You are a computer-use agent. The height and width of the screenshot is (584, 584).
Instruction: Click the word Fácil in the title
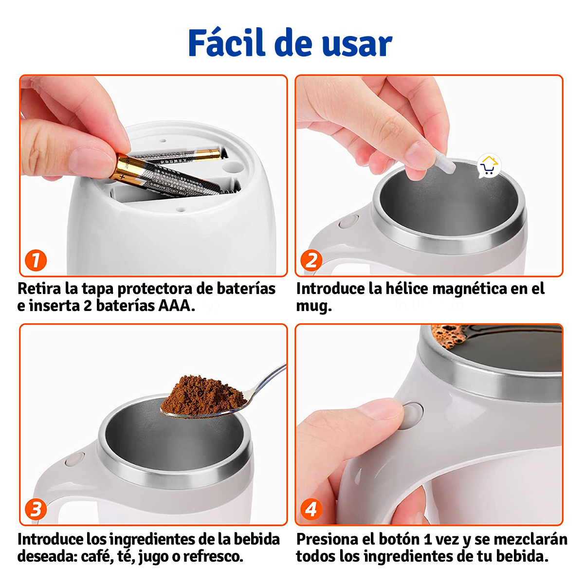(x=228, y=43)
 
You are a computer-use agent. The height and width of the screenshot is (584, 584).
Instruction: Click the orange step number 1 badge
(x=36, y=260)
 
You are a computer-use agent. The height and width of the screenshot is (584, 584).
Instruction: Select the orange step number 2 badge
(x=311, y=260)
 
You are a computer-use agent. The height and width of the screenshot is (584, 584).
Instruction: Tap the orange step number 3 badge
(x=36, y=510)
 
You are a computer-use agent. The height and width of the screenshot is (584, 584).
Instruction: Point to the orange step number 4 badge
(x=311, y=510)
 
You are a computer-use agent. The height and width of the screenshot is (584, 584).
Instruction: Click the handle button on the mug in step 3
(x=74, y=459)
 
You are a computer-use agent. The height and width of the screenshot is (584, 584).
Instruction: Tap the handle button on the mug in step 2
(x=347, y=222)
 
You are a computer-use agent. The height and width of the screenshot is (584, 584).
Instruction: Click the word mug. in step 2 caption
(x=314, y=307)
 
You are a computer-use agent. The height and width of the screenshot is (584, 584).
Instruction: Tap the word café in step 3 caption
(x=95, y=556)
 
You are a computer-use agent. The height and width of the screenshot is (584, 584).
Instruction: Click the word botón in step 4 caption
(x=399, y=539)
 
